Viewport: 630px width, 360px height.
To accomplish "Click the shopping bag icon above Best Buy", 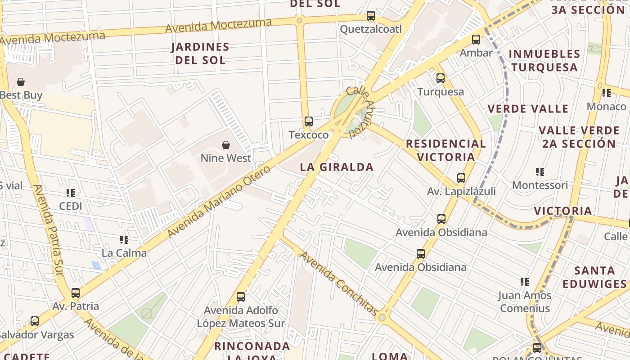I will [x=20, y=82].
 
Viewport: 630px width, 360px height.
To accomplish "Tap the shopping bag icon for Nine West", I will [x=226, y=145].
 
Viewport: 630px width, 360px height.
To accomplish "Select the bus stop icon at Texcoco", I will [x=308, y=121].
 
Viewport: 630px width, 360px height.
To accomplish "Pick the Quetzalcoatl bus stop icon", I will [x=371, y=16].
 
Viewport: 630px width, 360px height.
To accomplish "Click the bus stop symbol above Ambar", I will [x=476, y=40].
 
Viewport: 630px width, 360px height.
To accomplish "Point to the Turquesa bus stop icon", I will [x=441, y=78].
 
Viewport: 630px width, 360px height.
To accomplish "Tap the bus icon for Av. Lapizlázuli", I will [x=461, y=178].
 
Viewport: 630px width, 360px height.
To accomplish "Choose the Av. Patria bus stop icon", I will [x=76, y=293].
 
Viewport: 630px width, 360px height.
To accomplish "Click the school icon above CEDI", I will [x=71, y=193].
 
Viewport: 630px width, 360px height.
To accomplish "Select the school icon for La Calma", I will [x=124, y=240].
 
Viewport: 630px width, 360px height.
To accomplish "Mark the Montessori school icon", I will [x=540, y=172].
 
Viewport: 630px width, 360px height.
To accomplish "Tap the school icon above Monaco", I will [x=607, y=94].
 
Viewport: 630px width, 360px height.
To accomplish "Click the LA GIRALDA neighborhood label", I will [x=337, y=167].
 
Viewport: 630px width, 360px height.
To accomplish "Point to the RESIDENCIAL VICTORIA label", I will [x=446, y=150].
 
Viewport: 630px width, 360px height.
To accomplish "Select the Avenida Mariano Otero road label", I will [x=219, y=201].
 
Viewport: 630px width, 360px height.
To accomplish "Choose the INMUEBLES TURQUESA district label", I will [x=544, y=61].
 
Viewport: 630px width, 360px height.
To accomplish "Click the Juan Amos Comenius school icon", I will [x=525, y=282].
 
